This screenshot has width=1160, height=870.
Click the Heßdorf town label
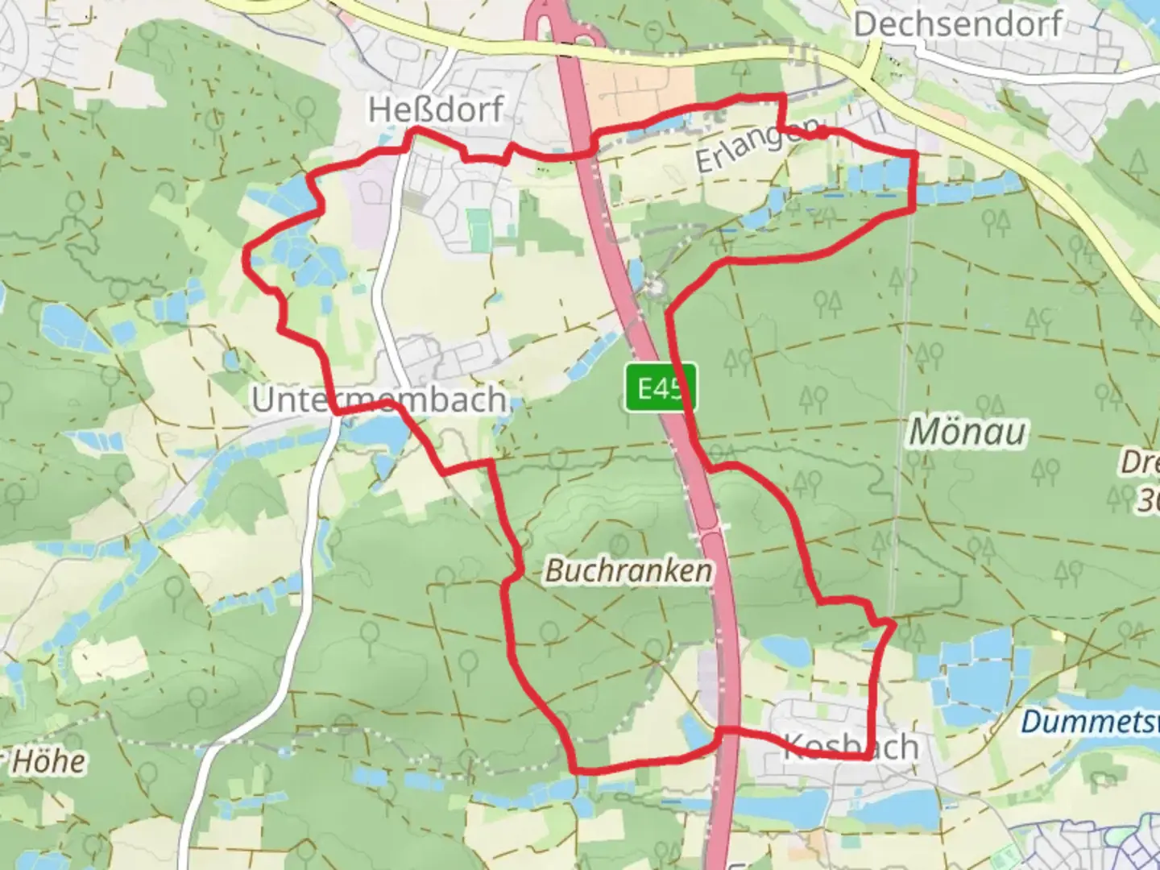click(x=436, y=109)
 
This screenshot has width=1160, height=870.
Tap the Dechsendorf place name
click(x=958, y=24)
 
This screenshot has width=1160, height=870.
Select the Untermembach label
click(x=379, y=400)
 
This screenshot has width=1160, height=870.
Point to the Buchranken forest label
click(x=629, y=571)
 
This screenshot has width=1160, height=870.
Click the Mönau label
click(x=967, y=433)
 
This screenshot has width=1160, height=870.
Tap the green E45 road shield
click(x=660, y=388)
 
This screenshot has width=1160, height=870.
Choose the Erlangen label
click(x=758, y=144)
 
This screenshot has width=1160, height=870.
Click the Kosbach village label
click(x=851, y=747)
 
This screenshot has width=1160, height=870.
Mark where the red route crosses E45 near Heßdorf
click(x=582, y=153)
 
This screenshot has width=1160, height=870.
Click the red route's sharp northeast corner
click(x=915, y=152)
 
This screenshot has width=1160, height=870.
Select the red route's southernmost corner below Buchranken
click(x=576, y=769)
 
